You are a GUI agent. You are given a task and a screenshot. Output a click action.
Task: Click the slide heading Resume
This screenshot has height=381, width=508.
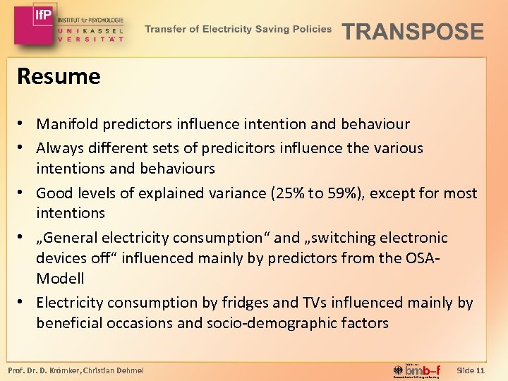click(59, 76)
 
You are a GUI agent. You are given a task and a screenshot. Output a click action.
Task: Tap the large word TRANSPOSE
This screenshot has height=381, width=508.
click(413, 32)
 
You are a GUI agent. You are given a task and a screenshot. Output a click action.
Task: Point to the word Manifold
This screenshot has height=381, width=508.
click(67, 124)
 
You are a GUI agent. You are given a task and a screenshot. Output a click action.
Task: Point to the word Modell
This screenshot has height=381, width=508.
click(60, 279)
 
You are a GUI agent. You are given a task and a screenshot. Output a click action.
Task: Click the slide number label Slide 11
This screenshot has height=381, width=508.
click(471, 370)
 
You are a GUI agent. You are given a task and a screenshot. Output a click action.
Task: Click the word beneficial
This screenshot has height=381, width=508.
click(69, 324)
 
